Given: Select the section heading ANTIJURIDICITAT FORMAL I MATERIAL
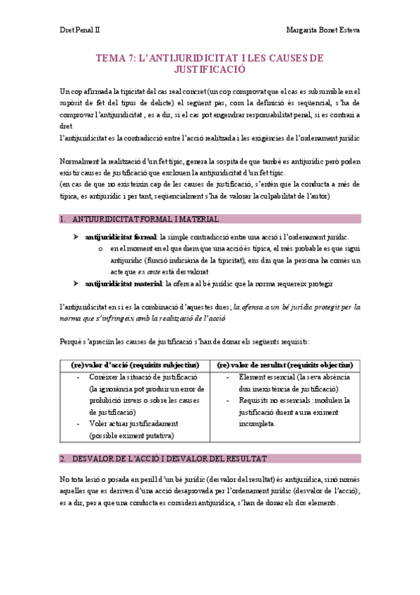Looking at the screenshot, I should (x=145, y=219).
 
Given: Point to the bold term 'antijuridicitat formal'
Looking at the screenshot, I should (x=120, y=237).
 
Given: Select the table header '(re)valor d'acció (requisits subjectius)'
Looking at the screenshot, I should (x=135, y=365).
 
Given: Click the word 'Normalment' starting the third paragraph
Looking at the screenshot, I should (x=80, y=162).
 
